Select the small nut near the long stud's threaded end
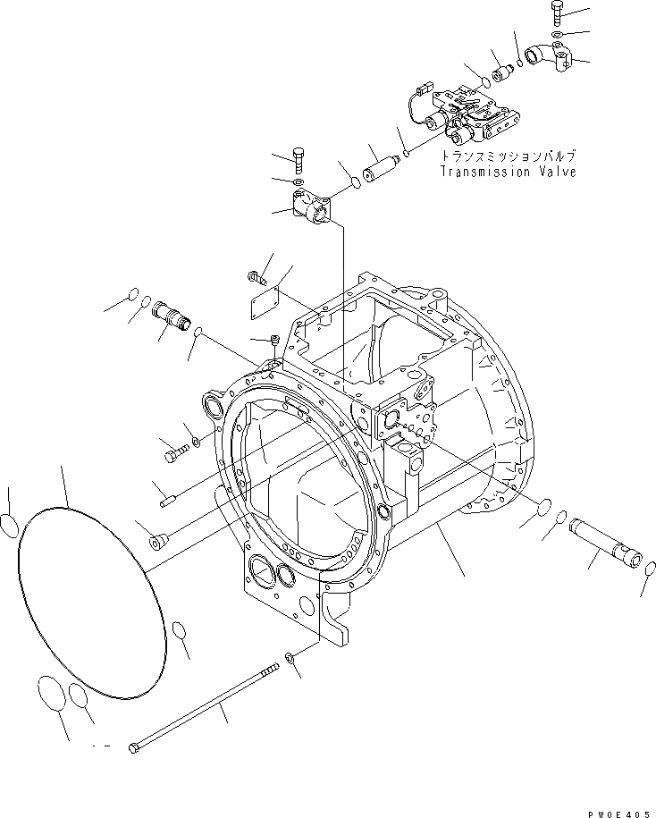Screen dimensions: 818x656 coord(290,659)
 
